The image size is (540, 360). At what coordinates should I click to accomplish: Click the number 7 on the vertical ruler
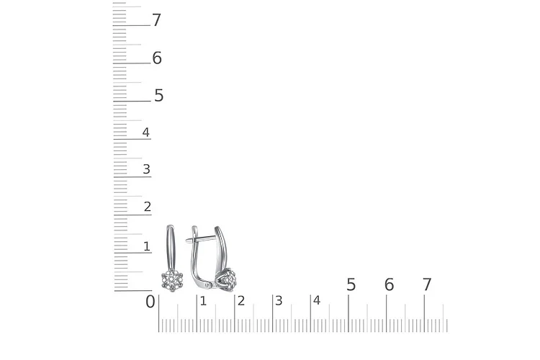point(157,20)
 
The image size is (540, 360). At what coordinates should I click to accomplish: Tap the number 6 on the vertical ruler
point(157,58)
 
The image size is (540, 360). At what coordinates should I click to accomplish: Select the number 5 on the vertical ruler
point(159,96)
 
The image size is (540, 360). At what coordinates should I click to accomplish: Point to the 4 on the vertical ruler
point(146,132)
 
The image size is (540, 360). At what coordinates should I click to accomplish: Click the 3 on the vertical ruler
point(147,169)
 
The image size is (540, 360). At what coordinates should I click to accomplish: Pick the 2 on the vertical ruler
point(148,207)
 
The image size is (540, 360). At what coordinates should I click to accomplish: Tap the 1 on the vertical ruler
point(147,246)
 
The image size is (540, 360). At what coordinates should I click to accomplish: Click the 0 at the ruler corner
point(150,302)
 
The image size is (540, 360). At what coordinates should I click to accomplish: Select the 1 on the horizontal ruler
point(203,301)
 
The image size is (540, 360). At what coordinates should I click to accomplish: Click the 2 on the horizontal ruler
point(241,301)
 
